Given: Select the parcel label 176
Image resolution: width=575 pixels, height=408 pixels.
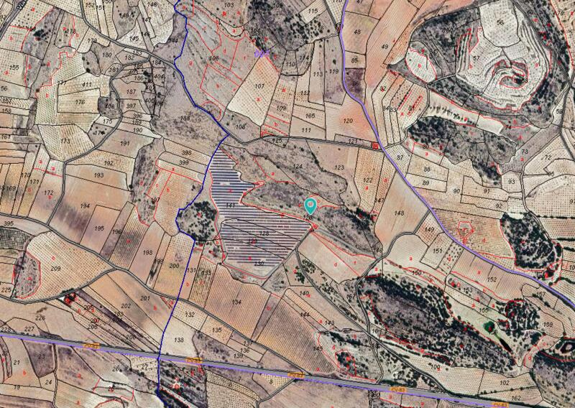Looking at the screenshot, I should pyautogui.click(x=80, y=102).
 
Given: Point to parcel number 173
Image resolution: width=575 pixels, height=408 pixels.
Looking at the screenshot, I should pyautogui.click(x=65, y=141).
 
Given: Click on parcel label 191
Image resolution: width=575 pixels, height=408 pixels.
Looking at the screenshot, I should pyautogui.click(x=125, y=143).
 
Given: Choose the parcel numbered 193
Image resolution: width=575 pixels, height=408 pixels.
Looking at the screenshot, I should pyautogui.click(x=99, y=175).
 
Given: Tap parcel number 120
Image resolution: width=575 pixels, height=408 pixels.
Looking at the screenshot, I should pyautogui.click(x=349, y=121).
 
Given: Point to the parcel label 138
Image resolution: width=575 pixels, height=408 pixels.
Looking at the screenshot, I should pyautogui.click(x=179, y=340).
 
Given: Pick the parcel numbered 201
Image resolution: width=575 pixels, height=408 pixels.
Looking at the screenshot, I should pyautogui.click(x=144, y=297).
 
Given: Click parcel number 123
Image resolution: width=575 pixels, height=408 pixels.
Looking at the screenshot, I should pyautogui.click(x=340, y=167).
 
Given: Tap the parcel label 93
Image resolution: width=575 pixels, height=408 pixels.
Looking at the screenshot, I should pyautogui.click(x=512, y=182).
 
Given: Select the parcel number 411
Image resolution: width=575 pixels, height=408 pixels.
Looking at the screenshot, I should pyautogui.click(x=87, y=85).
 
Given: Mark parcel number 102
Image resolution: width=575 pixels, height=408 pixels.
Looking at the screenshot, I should pyautogui.click(x=435, y=367).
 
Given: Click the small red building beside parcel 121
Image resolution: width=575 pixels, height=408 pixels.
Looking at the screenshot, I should pyautogui.click(x=375, y=146).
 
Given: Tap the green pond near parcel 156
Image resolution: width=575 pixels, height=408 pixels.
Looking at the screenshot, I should pyautogui.click(x=489, y=325).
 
